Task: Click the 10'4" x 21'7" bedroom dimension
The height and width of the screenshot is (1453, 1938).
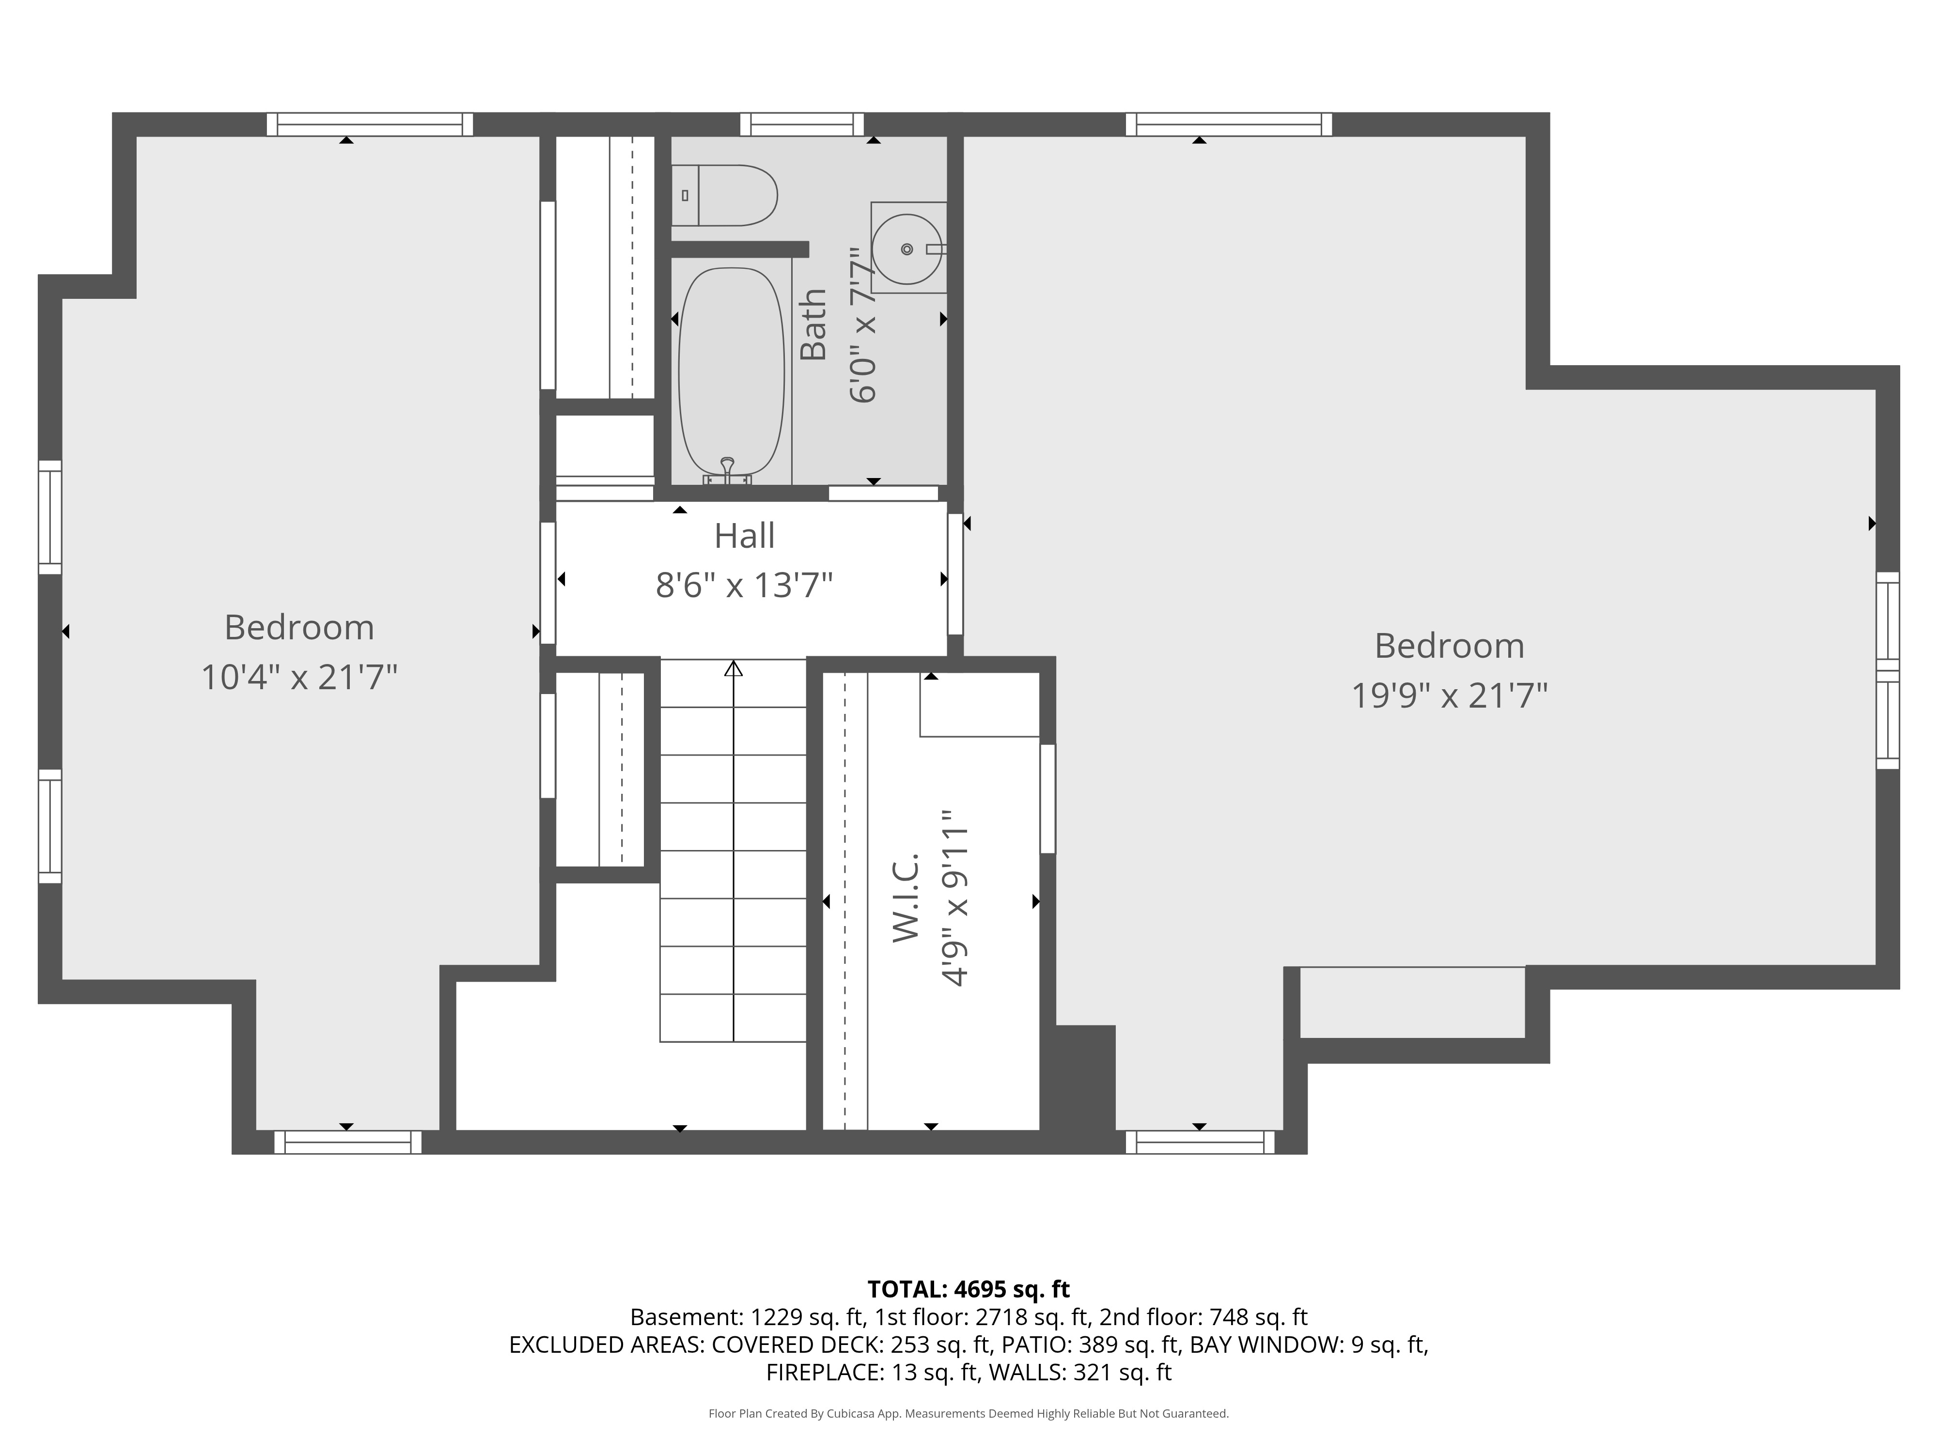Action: [x=299, y=677]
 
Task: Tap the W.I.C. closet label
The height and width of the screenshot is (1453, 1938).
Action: [x=906, y=898]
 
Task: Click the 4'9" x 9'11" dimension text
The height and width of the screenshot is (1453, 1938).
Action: [x=955, y=898]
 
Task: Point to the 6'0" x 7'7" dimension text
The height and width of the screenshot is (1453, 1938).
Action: [x=863, y=324]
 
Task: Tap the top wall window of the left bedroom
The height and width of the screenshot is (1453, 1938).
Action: [x=370, y=124]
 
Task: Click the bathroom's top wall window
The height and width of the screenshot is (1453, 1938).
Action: [x=802, y=124]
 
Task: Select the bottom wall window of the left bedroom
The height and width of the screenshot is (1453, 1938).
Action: [x=348, y=1142]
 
